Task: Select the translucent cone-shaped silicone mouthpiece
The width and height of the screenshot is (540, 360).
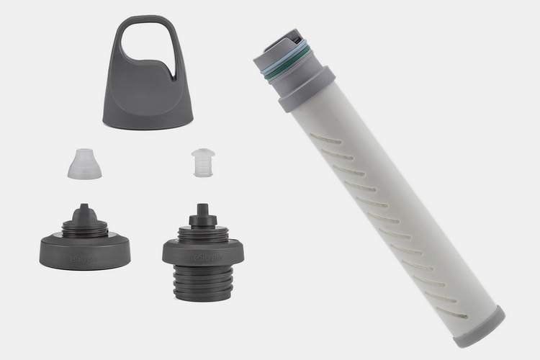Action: [84, 164]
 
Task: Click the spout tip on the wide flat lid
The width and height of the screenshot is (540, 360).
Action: [84, 210]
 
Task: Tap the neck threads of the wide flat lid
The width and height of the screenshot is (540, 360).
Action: [84, 230]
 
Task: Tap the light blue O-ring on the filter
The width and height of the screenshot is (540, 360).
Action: [283, 60]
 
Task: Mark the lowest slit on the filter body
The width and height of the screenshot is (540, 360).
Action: [452, 312]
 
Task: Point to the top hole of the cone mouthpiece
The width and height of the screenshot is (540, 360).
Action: [84, 150]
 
